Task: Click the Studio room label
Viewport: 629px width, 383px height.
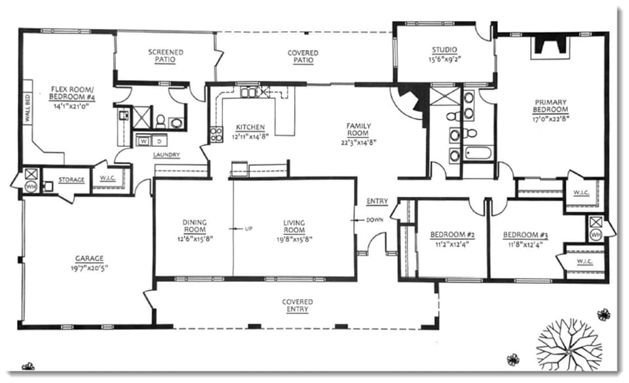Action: tap(444, 50)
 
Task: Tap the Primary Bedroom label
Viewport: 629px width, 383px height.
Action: tap(550, 106)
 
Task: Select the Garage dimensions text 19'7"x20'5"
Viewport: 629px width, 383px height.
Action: tap(88, 268)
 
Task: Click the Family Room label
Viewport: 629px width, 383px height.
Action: tap(359, 129)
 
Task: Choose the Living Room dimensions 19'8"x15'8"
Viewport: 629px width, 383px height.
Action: tap(294, 239)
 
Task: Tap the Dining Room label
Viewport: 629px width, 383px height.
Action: tap(195, 226)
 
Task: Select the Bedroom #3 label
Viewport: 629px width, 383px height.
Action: tap(525, 235)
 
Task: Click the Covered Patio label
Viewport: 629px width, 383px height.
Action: tap(303, 56)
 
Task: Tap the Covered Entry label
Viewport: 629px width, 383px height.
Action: tap(297, 306)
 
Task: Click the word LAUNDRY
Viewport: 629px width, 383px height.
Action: tap(166, 155)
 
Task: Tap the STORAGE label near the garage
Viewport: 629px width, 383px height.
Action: tap(72, 180)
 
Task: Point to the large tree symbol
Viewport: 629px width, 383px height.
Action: tap(569, 342)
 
